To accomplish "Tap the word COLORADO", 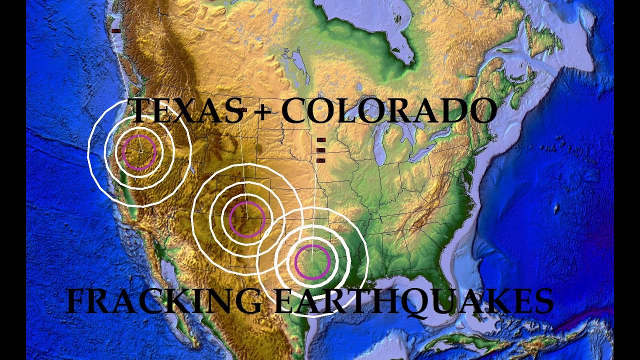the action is pos(388,111).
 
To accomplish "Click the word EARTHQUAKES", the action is pos(413,302).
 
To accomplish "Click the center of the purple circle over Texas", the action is pos(312,262).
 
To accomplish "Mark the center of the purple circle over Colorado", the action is pos(246,219).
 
